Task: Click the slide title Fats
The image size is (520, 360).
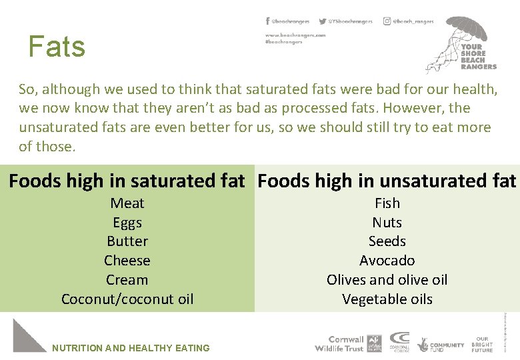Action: point(57,47)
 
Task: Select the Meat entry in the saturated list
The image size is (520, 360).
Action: point(127,203)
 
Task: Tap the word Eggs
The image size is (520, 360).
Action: point(127,223)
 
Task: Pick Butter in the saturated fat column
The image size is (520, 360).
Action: point(127,241)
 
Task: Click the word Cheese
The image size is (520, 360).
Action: point(127,261)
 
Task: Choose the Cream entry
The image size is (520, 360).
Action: point(127,280)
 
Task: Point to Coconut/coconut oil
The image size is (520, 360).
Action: point(127,299)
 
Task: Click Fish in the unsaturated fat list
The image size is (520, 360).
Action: point(387,203)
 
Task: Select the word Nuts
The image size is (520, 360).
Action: point(387,223)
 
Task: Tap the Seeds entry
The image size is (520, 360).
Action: point(387,241)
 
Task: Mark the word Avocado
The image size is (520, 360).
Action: point(387,261)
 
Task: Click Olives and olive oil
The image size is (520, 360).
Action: point(387,280)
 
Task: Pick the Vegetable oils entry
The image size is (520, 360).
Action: point(387,299)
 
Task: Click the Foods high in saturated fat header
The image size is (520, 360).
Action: point(127,181)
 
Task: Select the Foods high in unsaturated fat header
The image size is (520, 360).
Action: point(387,181)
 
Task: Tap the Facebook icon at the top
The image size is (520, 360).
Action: point(267,21)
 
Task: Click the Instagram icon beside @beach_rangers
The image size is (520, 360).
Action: point(387,21)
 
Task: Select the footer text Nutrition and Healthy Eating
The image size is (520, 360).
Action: point(131,348)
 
